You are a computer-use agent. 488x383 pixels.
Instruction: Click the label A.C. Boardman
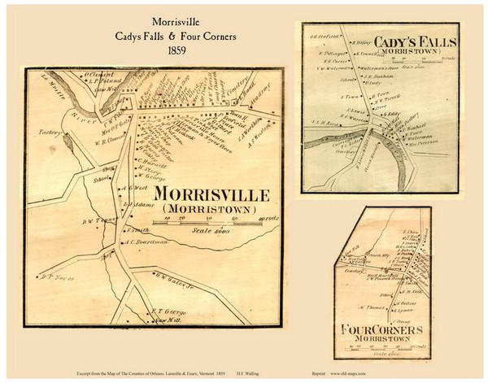[146, 242]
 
